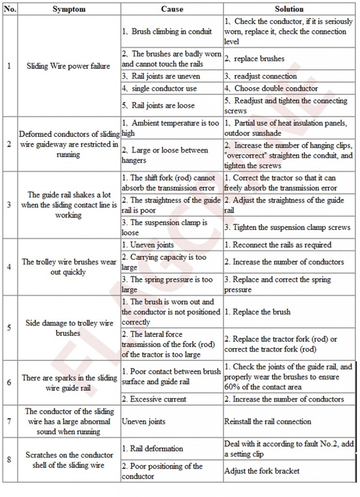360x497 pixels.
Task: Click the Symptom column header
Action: coord(69,9)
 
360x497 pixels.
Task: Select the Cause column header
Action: coord(172,9)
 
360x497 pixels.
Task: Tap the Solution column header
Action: coord(289,9)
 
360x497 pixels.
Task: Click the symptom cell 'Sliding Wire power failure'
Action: coord(68,66)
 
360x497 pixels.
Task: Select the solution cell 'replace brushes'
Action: coord(259,59)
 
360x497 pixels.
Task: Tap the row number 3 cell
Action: coord(9,204)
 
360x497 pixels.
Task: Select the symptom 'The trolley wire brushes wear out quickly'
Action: coord(69,267)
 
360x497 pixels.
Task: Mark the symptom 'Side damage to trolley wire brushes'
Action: coord(69,328)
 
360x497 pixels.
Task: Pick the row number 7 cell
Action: coord(9,421)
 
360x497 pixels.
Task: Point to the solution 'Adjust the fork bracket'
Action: coord(262,471)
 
